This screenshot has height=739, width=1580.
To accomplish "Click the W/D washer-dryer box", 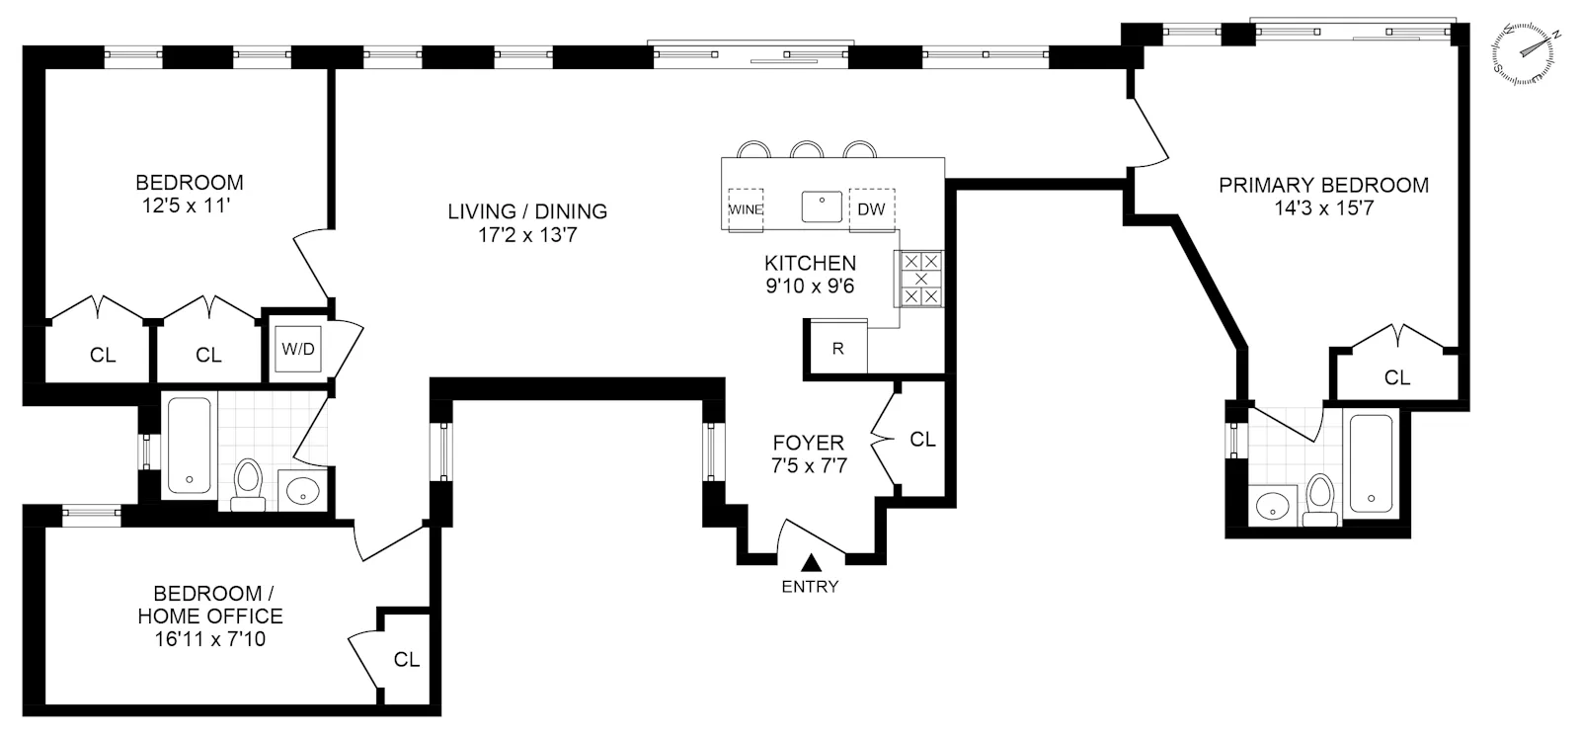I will tap(298, 349).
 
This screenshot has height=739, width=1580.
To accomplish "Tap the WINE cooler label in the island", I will tap(746, 209).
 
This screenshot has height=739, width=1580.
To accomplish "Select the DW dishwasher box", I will tap(871, 209).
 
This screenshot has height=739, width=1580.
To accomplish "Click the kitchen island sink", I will tap(821, 207).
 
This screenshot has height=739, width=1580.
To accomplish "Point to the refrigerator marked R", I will tap(837, 348).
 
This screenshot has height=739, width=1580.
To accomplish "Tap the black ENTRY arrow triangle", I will tap(812, 563).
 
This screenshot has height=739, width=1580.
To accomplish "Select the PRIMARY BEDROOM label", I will tap(1323, 185).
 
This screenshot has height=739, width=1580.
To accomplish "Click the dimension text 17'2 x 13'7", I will tap(526, 235).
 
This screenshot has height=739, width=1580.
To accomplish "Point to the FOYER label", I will tap(809, 443).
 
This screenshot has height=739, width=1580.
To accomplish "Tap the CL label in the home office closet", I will tap(407, 659).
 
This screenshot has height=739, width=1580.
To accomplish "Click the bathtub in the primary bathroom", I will tap(1371, 463).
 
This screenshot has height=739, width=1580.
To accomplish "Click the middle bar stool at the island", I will tap(807, 150).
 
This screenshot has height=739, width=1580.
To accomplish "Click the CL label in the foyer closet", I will tap(922, 440).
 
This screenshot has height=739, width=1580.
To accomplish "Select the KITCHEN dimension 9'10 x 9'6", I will tap(810, 287).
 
